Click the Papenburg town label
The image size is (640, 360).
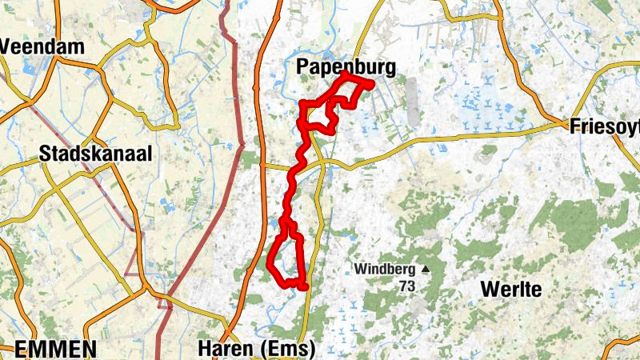pos(346,67)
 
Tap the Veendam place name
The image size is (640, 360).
pos(42,46)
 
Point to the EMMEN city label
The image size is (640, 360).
pos(56,349)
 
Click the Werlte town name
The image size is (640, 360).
pos(511,290)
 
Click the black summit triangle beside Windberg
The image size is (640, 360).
pos(426,270)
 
